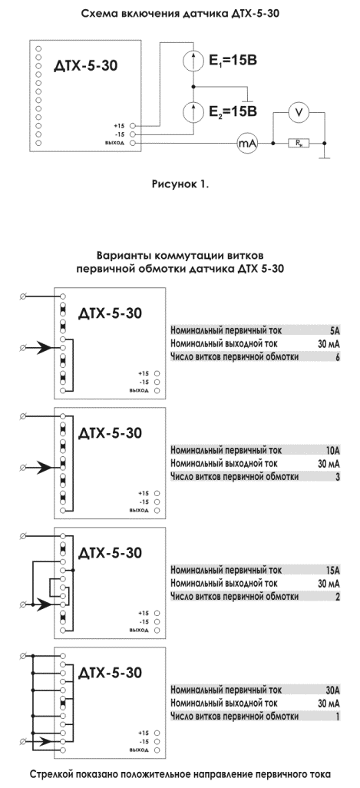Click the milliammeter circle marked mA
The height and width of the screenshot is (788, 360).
[247, 144]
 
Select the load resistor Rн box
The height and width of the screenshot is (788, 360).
[299, 144]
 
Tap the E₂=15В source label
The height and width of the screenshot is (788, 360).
[233, 111]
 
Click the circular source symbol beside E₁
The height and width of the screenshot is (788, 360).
[193, 61]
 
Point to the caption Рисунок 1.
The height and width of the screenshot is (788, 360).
[180, 184]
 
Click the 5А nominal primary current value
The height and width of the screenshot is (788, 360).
[335, 331]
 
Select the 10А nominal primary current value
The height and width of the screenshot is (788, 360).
[332, 450]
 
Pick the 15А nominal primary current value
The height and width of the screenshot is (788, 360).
[332, 571]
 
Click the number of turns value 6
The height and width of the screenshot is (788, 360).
[338, 357]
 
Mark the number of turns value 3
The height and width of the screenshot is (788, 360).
[338, 477]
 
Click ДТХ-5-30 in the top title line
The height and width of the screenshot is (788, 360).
[253, 14]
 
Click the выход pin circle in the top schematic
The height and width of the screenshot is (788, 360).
[133, 144]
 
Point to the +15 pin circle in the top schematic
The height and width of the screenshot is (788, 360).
[133, 126]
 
